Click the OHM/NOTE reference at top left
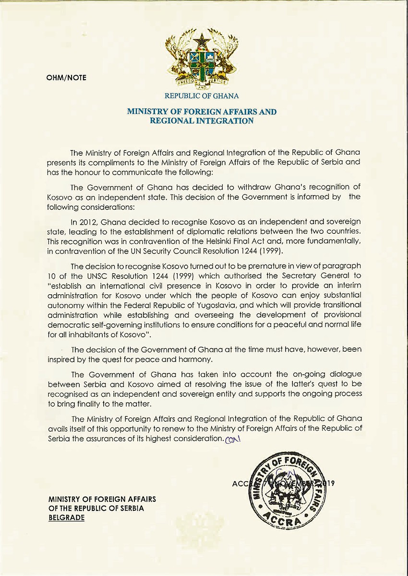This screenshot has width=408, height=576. pos(66,77)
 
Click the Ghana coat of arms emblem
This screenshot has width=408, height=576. pos(201,59)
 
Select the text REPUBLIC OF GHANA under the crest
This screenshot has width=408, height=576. pos(201,96)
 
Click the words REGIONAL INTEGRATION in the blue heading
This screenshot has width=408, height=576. pos(201,121)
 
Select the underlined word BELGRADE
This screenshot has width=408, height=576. pos(66,518)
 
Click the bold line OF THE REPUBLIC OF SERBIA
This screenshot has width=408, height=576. pos(96,508)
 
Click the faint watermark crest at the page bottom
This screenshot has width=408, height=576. pos(194,526)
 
